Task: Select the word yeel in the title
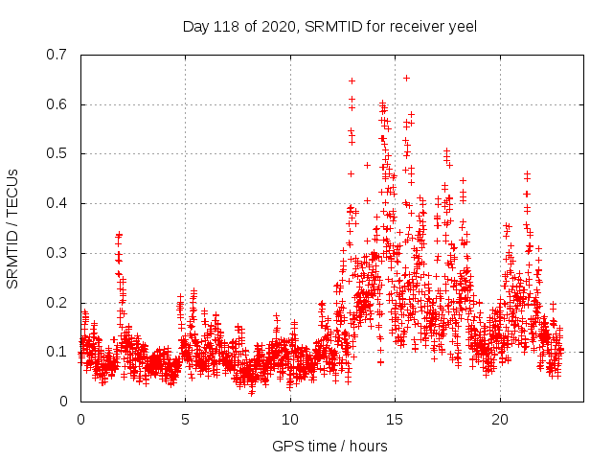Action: tap(461, 26)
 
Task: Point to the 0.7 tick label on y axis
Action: tap(57, 55)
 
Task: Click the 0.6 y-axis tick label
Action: tap(57, 104)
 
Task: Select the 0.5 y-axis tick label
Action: tap(57, 153)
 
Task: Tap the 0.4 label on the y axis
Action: tap(57, 203)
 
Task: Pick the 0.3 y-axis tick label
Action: tap(57, 253)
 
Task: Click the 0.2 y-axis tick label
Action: tap(57, 303)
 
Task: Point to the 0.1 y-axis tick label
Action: tap(57, 352)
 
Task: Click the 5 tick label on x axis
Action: tap(186, 420)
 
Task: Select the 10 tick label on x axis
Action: tap(290, 420)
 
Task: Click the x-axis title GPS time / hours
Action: tap(329, 446)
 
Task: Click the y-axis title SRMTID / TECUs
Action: tap(13, 228)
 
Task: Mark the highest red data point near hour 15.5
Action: tap(406, 78)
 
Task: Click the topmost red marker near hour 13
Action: tap(352, 80)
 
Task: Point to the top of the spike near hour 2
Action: tap(120, 234)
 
